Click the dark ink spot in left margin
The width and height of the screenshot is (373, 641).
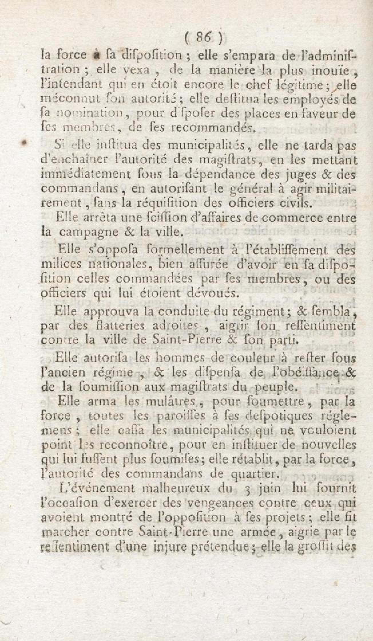pyautogui.click(x=25, y=142)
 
